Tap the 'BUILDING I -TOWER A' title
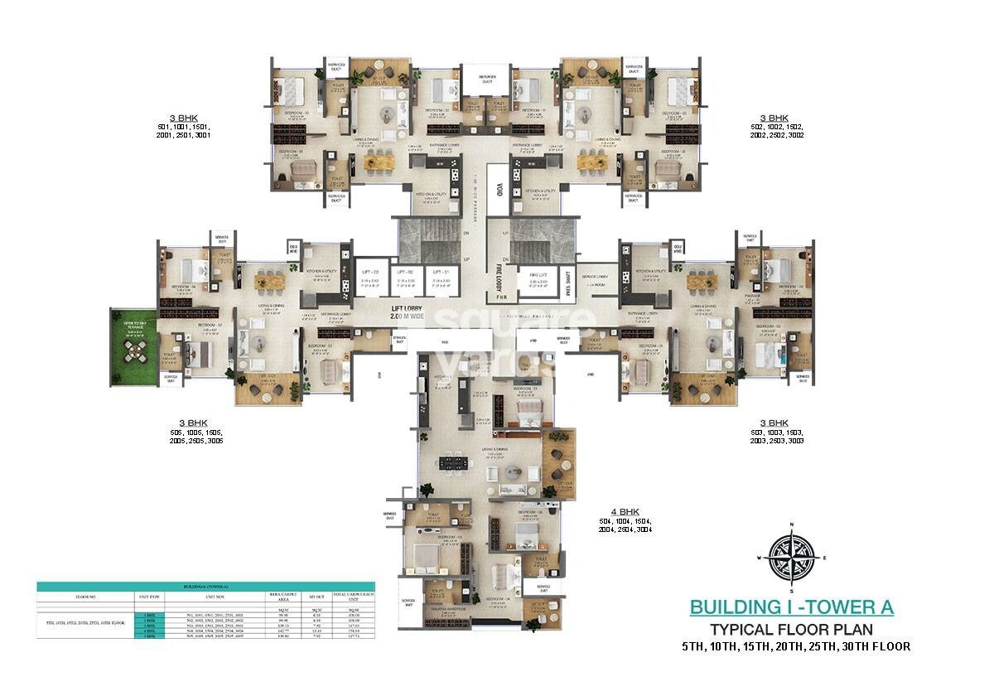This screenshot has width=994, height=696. tap(791, 607)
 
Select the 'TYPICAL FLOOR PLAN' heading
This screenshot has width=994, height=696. tap(791, 629)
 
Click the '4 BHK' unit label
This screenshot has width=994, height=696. tap(611, 512)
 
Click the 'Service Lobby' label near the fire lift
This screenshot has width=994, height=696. tap(593, 276)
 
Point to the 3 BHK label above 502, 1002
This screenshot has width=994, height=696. tap(775, 118)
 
